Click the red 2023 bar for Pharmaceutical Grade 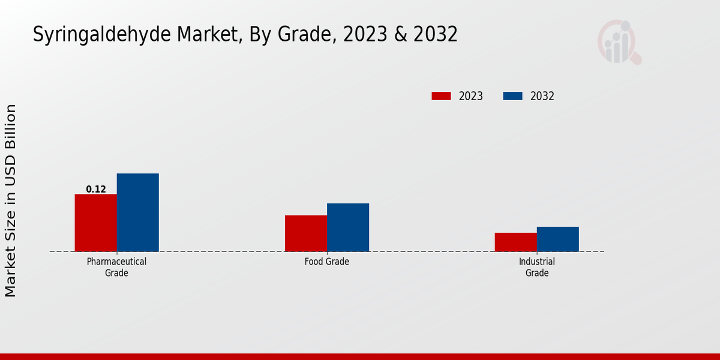tap(95, 223)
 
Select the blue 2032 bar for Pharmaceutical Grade tap(137, 212)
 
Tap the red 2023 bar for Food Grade tap(306, 233)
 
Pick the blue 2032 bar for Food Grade tap(348, 227)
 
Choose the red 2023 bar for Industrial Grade tap(516, 242)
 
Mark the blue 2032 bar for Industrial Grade tap(558, 239)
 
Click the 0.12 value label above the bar tap(96, 190)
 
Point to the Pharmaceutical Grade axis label tap(116, 267)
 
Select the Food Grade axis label tap(326, 262)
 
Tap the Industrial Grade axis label tap(537, 267)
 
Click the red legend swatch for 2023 tap(441, 96)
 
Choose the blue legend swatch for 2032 tap(512, 96)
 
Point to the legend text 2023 tap(471, 96)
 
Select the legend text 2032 tap(542, 96)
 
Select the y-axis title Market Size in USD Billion tap(11, 200)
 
